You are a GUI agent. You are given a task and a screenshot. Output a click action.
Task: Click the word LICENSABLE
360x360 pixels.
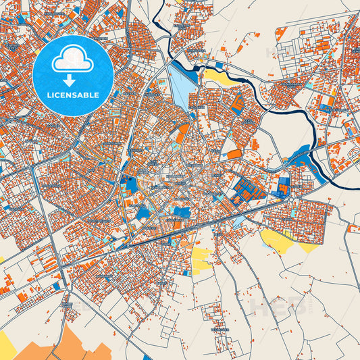click(x=72, y=94)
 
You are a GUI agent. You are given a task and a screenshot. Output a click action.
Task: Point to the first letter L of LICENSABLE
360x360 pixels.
click(x=49, y=94)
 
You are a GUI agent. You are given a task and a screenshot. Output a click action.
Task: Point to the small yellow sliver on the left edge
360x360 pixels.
click(x=2, y=259)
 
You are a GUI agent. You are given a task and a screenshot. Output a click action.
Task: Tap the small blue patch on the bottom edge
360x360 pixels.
click(x=147, y=357)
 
